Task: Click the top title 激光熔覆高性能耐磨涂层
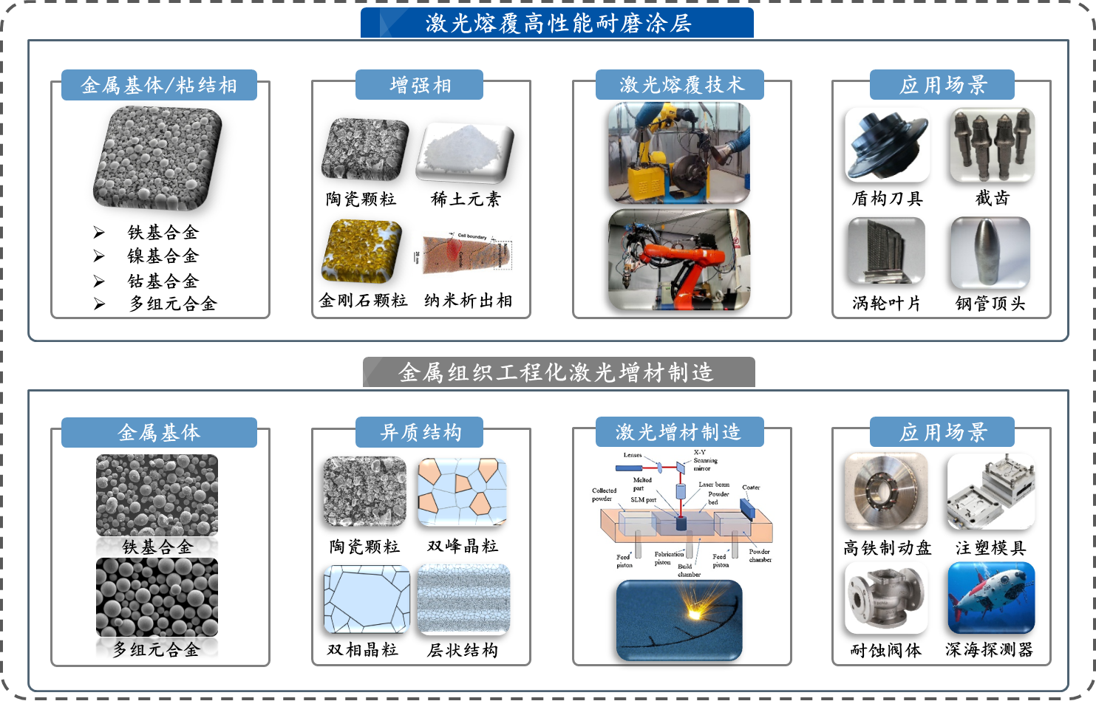click(557, 23)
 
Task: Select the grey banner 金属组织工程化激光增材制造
click(559, 372)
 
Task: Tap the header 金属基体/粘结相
click(159, 86)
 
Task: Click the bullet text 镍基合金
click(163, 256)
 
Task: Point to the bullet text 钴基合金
click(163, 281)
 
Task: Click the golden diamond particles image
click(361, 251)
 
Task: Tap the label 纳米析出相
click(468, 301)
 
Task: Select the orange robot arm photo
click(678, 259)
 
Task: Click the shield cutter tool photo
click(887, 144)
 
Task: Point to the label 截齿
click(992, 198)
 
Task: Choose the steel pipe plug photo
click(990, 251)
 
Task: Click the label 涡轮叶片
click(886, 304)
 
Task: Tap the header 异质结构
click(420, 432)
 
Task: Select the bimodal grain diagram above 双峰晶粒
click(463, 492)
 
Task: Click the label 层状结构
click(463, 650)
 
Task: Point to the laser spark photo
click(678, 620)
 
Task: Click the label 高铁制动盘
click(887, 548)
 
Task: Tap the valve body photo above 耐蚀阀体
click(886, 598)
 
